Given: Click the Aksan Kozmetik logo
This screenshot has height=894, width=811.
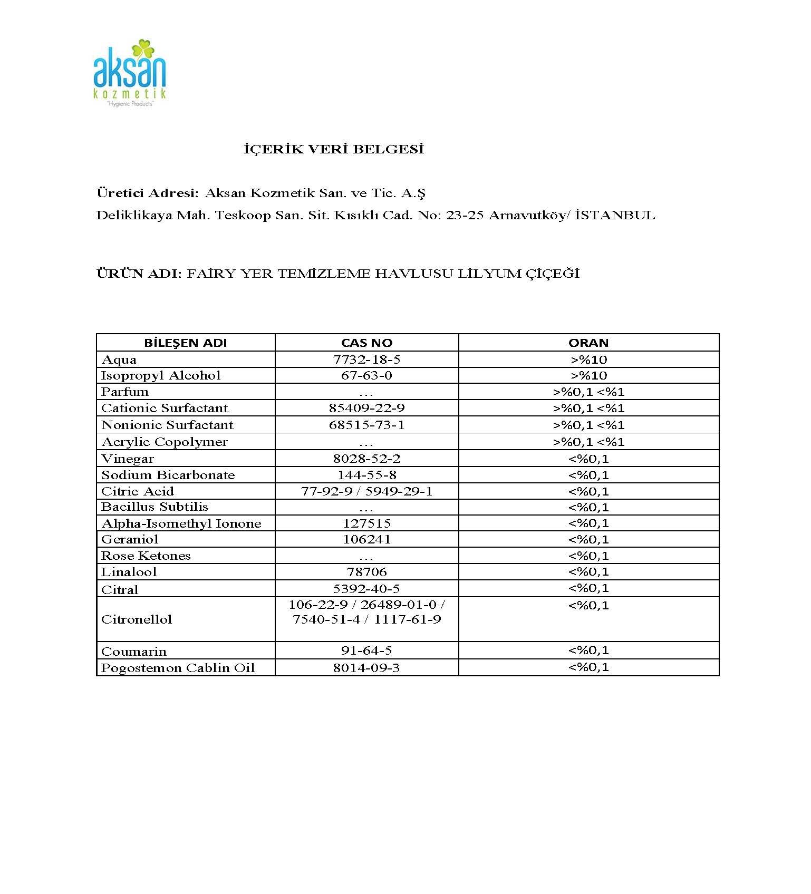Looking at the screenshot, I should [x=130, y=73].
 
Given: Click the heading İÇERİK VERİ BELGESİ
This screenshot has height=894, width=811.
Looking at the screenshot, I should [x=334, y=149].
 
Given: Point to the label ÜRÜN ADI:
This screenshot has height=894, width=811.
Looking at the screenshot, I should [x=139, y=274].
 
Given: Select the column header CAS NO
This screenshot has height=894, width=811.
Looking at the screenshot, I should [x=366, y=343].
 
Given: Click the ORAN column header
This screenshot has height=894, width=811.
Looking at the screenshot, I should [x=588, y=343].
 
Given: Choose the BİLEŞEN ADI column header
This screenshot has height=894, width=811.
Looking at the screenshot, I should [x=186, y=343].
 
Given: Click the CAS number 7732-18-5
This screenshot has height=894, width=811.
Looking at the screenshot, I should [x=366, y=359].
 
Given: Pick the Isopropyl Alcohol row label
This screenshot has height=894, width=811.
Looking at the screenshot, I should [x=161, y=375].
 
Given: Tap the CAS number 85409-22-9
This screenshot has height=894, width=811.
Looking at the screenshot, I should [x=366, y=408].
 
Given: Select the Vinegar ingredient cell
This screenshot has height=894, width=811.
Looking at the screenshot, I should [x=128, y=459].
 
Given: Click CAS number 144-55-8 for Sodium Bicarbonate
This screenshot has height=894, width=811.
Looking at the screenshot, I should [x=366, y=475].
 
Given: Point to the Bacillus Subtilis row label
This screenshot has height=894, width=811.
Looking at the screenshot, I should [x=155, y=507].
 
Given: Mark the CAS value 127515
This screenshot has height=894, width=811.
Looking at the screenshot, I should [x=366, y=523].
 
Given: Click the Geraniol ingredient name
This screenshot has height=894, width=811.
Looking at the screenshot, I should [x=130, y=539].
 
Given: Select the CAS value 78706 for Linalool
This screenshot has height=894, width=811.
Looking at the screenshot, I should [x=366, y=572].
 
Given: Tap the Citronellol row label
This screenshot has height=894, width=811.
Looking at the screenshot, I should [x=137, y=619].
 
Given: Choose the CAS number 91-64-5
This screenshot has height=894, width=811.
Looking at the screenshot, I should [x=366, y=650].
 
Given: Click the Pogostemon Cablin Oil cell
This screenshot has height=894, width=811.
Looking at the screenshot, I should [x=178, y=668].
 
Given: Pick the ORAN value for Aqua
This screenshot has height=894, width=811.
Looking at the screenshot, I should [x=588, y=359].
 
